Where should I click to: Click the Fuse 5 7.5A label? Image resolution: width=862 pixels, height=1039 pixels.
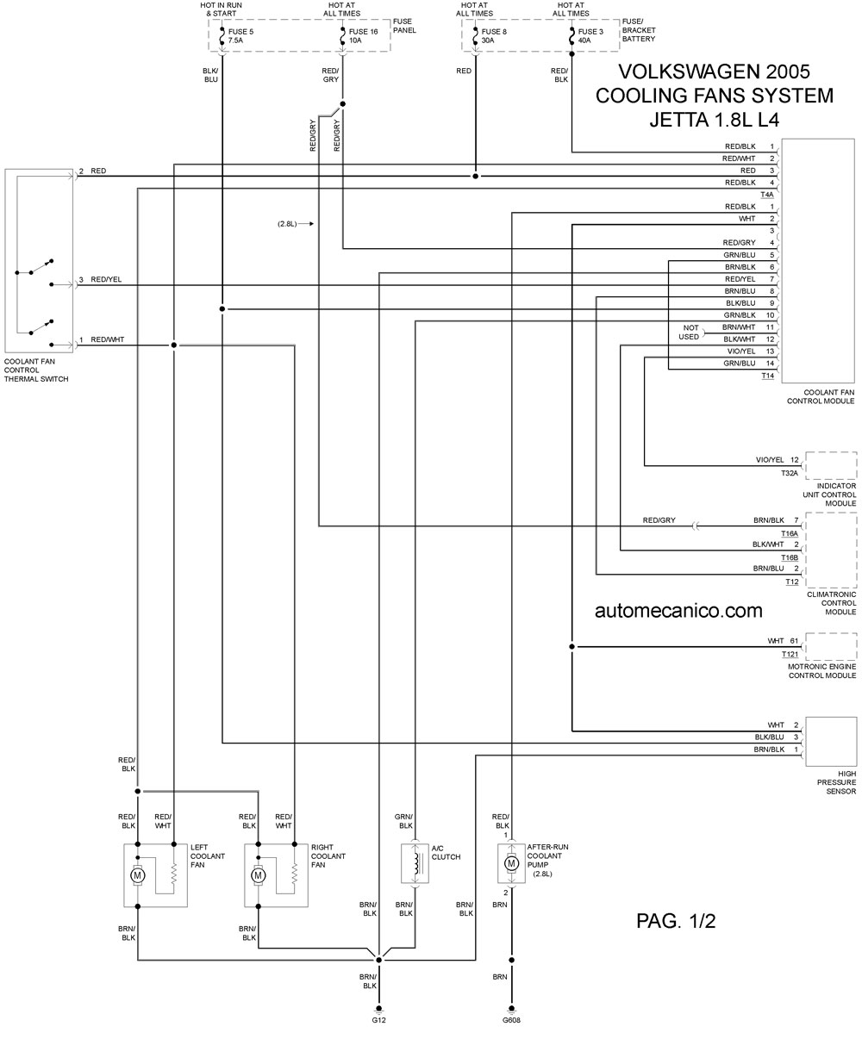(240, 36)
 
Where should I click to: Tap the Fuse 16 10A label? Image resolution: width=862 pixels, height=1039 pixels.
(363, 36)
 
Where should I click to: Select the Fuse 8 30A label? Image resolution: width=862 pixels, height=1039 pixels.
(494, 36)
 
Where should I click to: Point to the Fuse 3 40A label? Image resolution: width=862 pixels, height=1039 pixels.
(590, 36)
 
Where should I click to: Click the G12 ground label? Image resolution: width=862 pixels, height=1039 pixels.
(378, 1019)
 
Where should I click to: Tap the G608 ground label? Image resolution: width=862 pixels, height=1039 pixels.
(511, 1019)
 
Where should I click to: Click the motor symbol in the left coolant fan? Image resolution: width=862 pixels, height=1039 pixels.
(137, 874)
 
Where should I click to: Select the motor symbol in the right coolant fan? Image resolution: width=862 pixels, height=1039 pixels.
(258, 874)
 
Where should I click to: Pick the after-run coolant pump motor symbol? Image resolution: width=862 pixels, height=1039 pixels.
(511, 863)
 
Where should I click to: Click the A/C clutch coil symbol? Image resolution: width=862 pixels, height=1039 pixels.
(415, 863)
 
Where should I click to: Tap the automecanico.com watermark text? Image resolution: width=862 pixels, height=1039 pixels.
(678, 611)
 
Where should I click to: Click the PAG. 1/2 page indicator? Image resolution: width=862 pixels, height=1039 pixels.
(676, 921)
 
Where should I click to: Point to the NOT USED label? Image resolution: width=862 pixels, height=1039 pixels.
(690, 333)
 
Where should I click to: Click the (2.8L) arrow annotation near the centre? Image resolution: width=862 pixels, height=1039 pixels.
(296, 224)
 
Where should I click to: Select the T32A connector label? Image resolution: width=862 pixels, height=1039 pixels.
(790, 473)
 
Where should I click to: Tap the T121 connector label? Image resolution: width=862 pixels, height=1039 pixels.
(790, 655)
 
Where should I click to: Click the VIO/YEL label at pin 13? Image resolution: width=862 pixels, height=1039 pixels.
(741, 352)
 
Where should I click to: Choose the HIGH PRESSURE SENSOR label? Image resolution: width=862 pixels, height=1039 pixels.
(837, 782)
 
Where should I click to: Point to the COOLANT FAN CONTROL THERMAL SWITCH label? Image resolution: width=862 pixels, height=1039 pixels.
(36, 370)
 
